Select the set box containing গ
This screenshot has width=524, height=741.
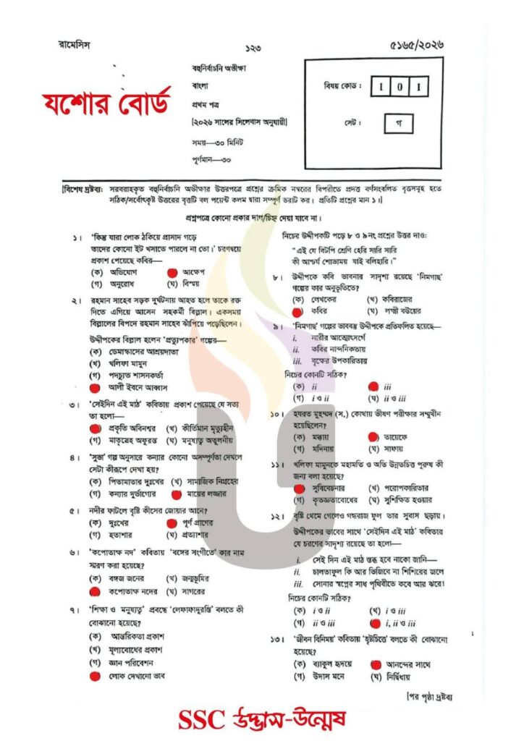398,123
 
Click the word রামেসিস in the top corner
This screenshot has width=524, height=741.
75,45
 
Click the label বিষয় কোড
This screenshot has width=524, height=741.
342,88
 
